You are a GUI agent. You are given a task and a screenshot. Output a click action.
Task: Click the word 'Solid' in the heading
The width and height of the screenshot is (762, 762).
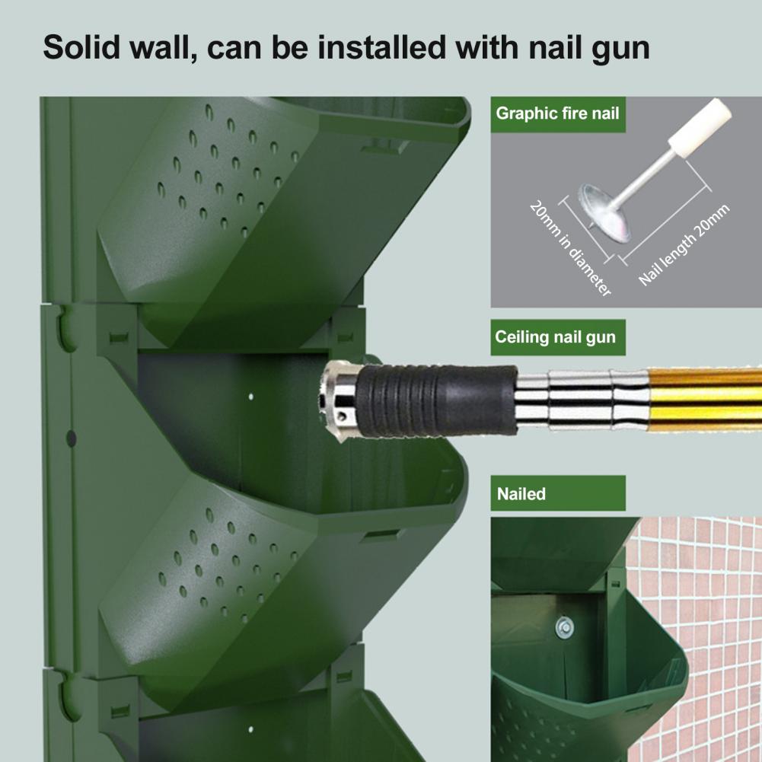81,48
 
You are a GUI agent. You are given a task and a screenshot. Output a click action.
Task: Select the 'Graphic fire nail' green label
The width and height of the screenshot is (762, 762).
558,114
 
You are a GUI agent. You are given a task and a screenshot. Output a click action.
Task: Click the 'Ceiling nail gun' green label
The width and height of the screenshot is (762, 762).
558,337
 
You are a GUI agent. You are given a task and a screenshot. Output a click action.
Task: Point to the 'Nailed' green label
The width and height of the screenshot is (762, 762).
558,493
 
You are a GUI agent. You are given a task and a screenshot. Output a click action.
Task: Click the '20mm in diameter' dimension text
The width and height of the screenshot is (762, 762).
569,249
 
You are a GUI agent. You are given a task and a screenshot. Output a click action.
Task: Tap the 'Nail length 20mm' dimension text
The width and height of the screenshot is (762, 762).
684,244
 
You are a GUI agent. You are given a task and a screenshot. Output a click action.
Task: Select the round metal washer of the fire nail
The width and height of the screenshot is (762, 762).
604,212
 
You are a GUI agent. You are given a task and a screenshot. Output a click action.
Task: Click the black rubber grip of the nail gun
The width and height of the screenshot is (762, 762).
436,400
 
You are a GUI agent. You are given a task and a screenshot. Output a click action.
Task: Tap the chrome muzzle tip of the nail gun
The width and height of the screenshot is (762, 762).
340,400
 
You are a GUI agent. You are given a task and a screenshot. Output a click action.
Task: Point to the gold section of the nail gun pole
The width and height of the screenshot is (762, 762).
705,400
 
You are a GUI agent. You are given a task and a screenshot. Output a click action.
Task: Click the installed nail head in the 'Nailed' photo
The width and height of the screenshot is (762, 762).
565,627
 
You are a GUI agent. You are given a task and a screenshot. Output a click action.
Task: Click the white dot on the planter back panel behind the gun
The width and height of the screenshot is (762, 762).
250,397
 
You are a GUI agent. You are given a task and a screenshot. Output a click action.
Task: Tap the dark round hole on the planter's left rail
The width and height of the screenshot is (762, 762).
72,438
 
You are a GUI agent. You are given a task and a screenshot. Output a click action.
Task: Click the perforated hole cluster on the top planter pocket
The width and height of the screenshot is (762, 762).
228,171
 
